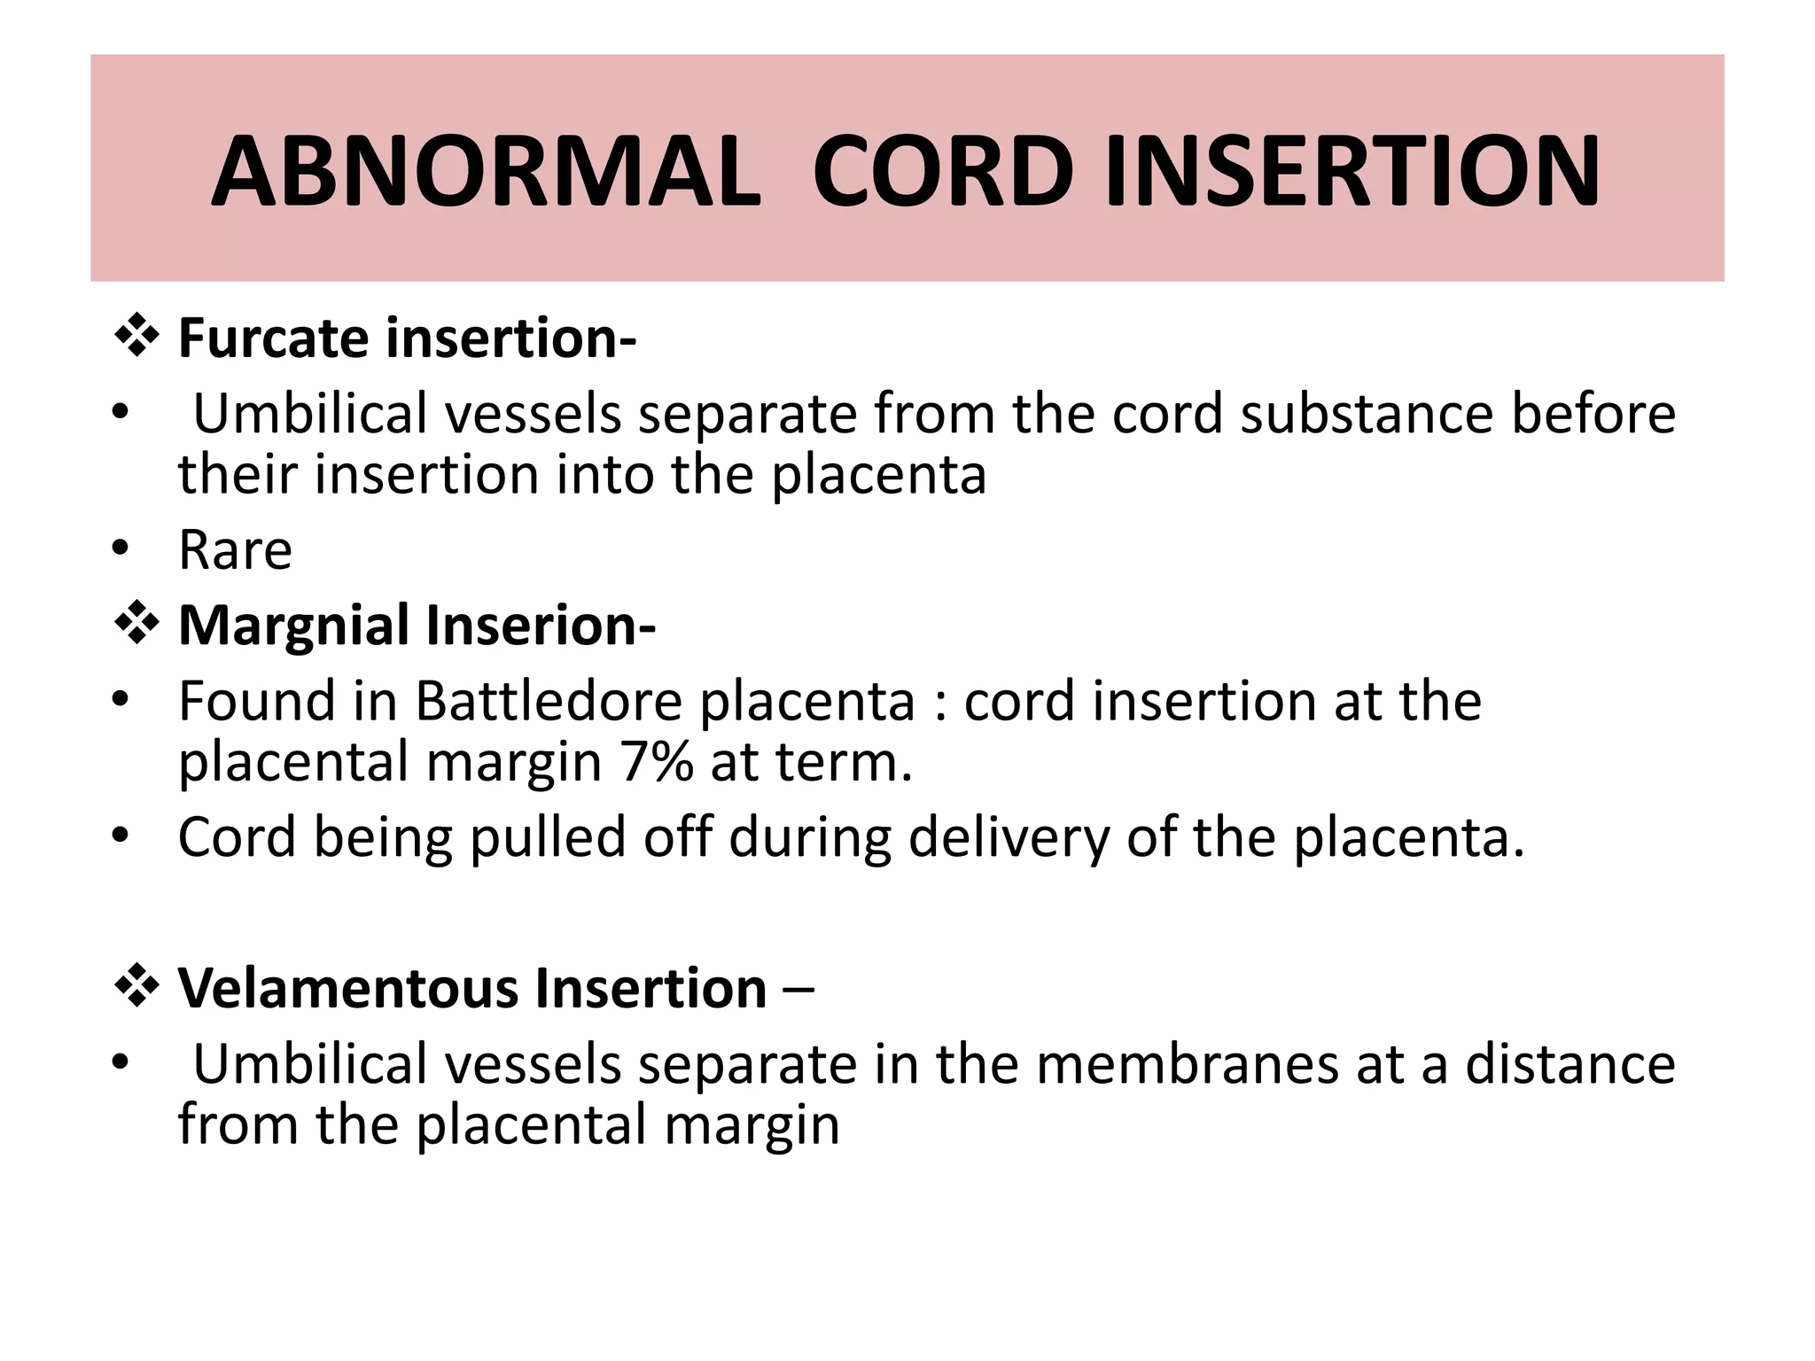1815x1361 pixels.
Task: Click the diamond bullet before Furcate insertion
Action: (x=137, y=336)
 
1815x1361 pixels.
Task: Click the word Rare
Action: (x=235, y=550)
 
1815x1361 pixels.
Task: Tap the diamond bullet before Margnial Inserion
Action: (x=137, y=623)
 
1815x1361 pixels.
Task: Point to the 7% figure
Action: (x=656, y=762)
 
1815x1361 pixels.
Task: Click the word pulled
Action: (x=548, y=837)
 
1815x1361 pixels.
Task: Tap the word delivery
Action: (x=1009, y=837)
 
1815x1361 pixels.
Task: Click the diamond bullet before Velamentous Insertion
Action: (x=137, y=985)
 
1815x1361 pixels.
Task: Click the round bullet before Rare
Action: (x=121, y=548)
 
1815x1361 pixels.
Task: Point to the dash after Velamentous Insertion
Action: (x=798, y=990)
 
